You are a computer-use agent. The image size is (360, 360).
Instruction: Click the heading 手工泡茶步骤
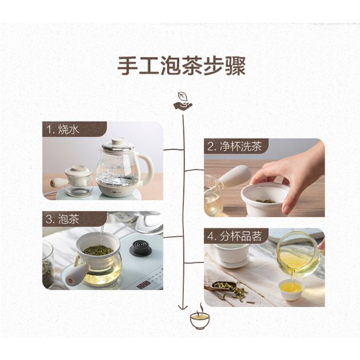point(182,66)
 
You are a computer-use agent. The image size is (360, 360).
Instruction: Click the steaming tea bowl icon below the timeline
point(200,317)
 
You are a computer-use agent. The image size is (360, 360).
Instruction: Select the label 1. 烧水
point(63,129)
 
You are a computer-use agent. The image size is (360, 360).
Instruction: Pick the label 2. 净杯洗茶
point(235,146)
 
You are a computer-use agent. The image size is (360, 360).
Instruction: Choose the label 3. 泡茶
point(62,219)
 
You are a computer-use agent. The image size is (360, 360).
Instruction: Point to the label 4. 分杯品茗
point(235,236)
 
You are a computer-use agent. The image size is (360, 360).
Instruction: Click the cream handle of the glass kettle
point(148,167)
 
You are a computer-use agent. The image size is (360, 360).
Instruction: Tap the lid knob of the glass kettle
point(118,141)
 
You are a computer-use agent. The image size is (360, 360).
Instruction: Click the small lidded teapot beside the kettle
point(72,180)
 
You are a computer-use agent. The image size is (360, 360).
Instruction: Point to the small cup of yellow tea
point(291,289)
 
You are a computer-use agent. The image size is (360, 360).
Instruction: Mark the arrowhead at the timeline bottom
point(183,307)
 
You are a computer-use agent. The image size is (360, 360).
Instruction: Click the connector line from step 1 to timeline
point(174,150)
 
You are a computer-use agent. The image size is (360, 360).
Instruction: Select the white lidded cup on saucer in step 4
point(232,255)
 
